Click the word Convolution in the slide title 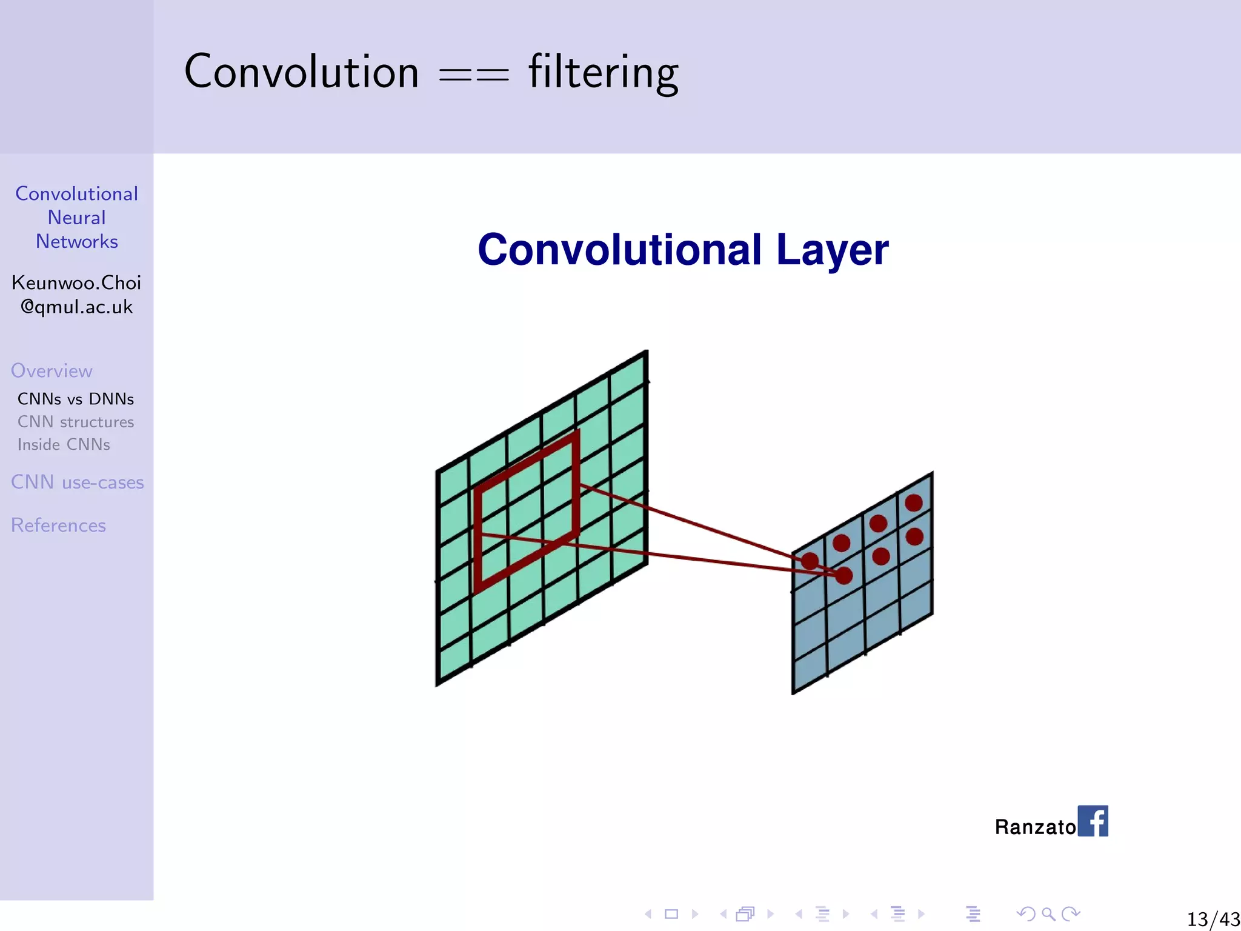click(301, 72)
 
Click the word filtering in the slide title click(603, 72)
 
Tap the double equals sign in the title click(474, 75)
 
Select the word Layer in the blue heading click(832, 250)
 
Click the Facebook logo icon click(1093, 821)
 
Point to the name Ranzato click(1035, 827)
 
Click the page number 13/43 click(1213, 919)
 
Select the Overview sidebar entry click(52, 370)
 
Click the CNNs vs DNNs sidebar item click(76, 399)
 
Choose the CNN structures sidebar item click(76, 422)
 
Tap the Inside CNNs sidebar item click(64, 444)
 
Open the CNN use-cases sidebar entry click(77, 482)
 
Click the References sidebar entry click(58, 525)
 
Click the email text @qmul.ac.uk click(76, 307)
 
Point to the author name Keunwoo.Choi click(76, 283)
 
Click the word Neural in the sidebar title click(76, 218)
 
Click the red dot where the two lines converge click(844, 575)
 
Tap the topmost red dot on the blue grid click(913, 502)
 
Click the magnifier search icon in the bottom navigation click(1048, 913)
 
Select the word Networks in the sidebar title click(76, 241)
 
